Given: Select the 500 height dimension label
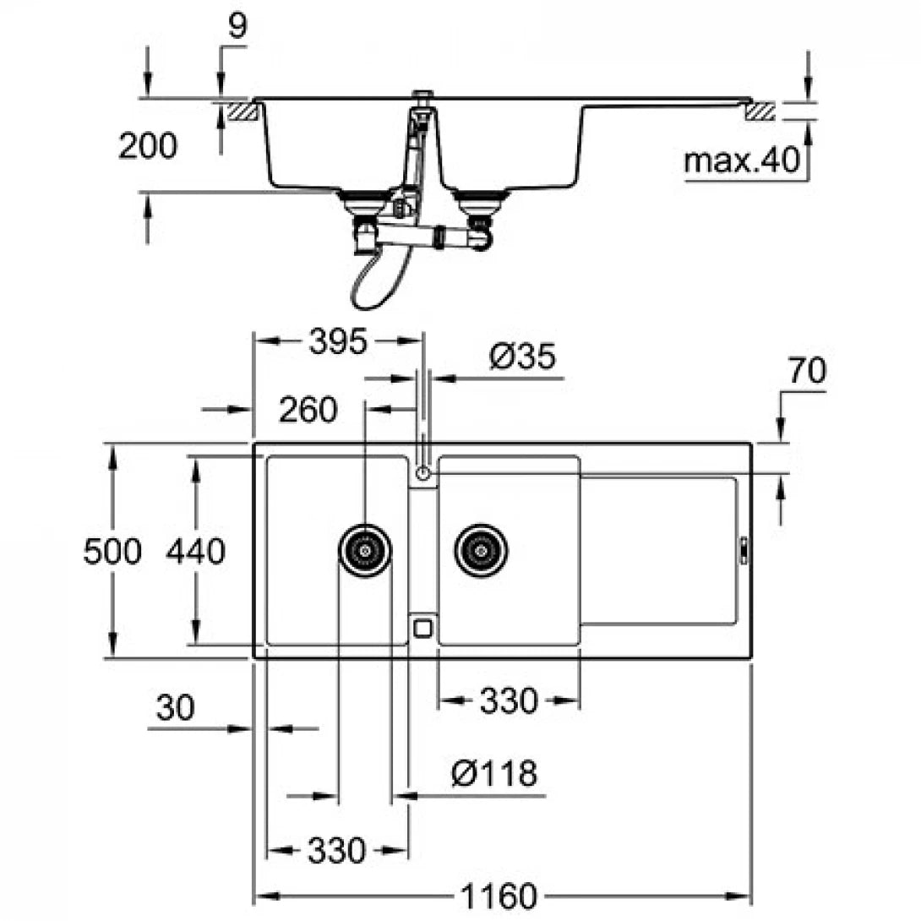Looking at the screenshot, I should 112,552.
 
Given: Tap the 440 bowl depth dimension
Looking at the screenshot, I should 195,552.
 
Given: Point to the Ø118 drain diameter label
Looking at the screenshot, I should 493,773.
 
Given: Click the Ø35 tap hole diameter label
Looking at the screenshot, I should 521,357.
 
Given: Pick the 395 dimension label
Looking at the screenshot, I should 338,342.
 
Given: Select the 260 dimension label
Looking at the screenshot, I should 308,410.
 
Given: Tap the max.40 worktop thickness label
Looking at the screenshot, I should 742,161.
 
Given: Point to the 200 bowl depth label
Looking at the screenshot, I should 148,146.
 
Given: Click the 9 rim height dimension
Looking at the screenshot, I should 238,27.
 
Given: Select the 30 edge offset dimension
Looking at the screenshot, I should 175,708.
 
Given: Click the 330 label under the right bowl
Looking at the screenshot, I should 509,700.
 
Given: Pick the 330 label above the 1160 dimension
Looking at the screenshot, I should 336,851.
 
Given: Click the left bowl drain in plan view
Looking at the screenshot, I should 365,550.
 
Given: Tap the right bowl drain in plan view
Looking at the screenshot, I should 481,550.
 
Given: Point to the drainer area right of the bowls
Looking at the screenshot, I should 659,549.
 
